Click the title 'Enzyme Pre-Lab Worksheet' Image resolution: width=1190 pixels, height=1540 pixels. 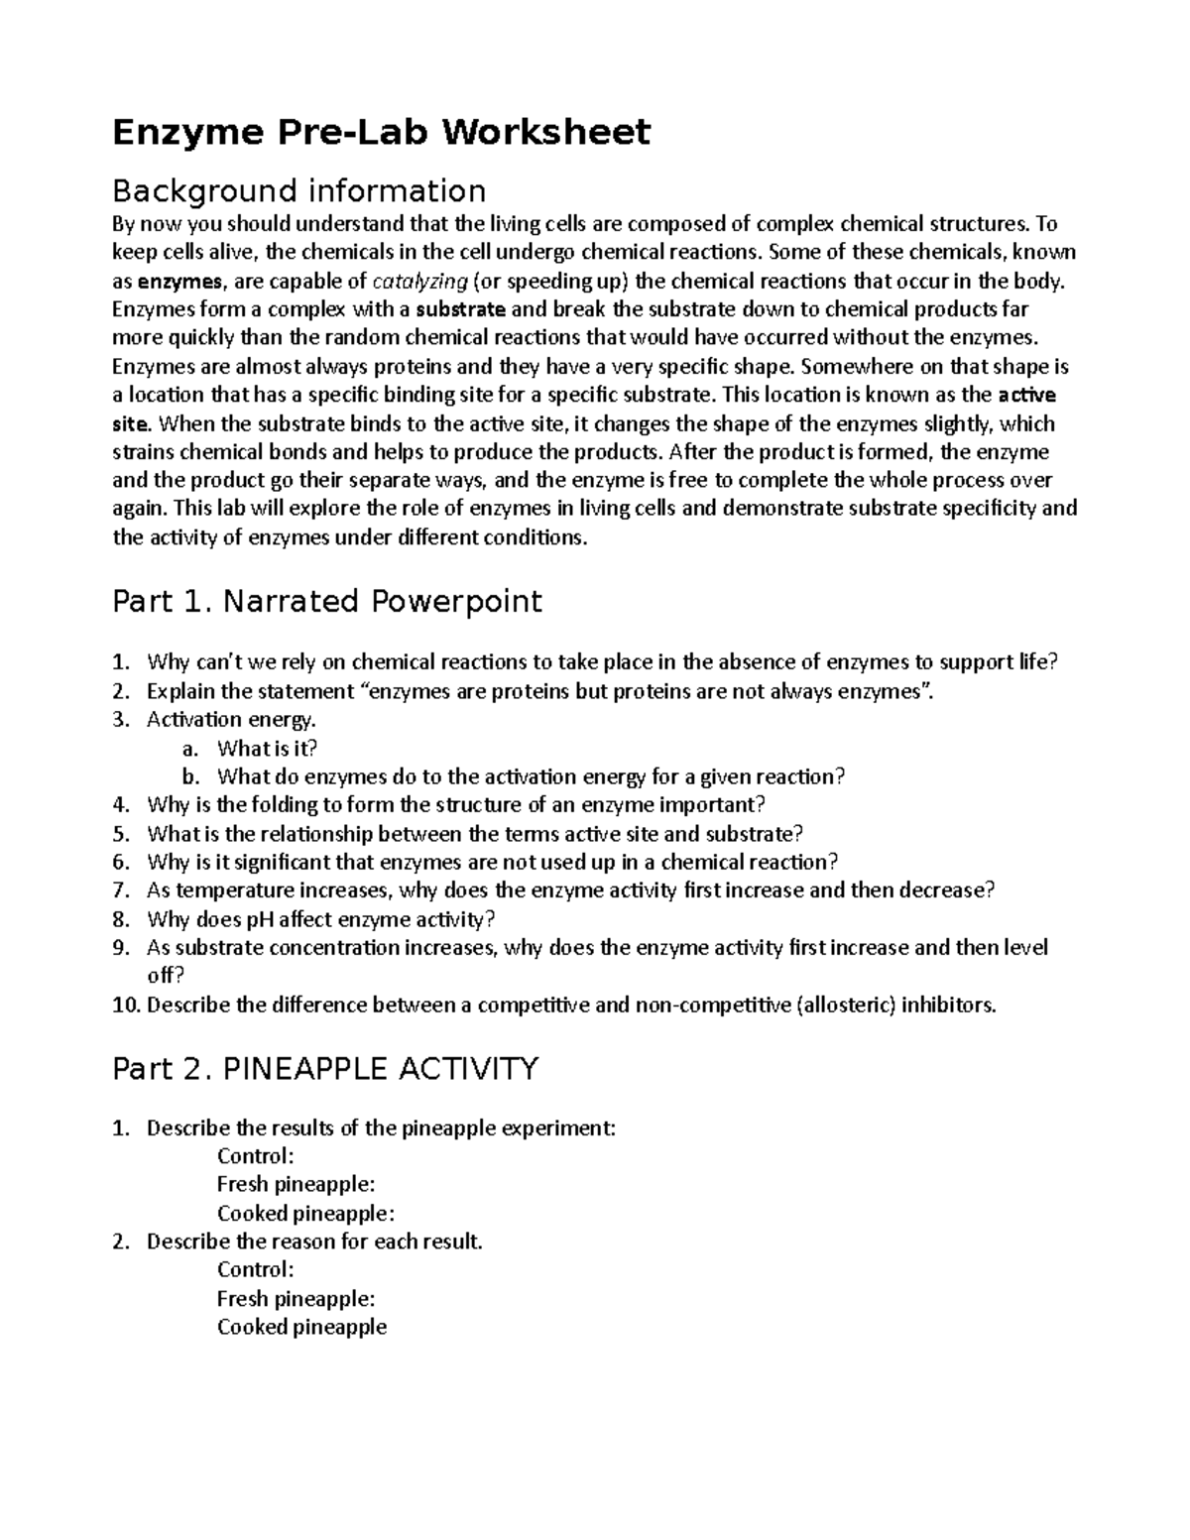coord(381,132)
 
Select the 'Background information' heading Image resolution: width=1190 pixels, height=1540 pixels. coord(298,190)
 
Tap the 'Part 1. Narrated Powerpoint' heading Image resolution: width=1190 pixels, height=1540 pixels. coord(327,601)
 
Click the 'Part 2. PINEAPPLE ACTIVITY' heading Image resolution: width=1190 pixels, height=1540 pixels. coord(325,1069)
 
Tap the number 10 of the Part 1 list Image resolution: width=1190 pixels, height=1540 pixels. coord(125,1005)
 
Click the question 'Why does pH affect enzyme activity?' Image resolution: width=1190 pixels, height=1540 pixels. coord(319,919)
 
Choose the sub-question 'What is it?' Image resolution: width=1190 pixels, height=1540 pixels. coord(267,748)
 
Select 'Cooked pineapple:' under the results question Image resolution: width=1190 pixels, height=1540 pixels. coord(305,1214)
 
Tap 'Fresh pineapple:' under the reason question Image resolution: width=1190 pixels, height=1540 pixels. coord(296,1299)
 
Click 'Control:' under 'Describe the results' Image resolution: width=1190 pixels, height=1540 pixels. coord(255,1156)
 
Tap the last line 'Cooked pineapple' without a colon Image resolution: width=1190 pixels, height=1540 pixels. coord(301,1328)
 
